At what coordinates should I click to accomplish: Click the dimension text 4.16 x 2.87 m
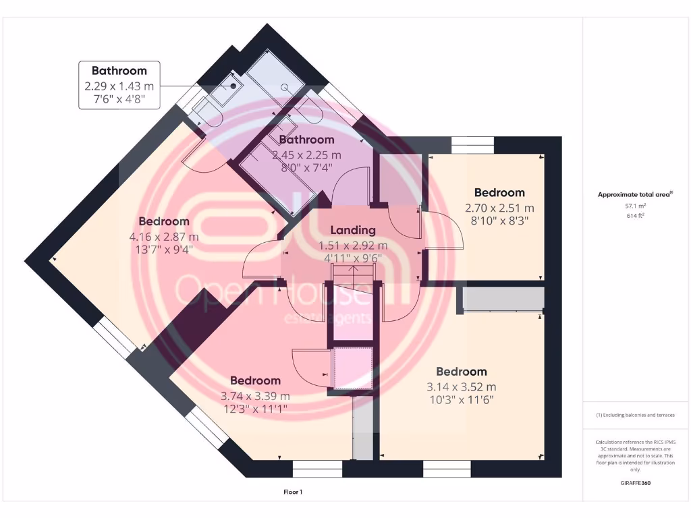click(164, 237)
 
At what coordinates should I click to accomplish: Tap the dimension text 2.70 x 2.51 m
click(499, 208)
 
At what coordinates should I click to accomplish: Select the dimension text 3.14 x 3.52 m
click(462, 387)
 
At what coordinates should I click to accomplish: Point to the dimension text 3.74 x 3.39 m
click(255, 396)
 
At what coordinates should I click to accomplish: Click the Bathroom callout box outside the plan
click(119, 85)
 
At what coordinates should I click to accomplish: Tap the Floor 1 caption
click(292, 492)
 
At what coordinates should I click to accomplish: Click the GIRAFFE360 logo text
click(634, 483)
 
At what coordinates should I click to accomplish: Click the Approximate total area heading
click(634, 195)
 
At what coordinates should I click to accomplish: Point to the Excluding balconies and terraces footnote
click(634, 415)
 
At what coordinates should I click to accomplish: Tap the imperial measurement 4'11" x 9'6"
click(353, 257)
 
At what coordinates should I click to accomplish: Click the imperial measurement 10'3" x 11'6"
click(462, 399)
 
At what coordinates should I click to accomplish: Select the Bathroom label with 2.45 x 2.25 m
click(307, 140)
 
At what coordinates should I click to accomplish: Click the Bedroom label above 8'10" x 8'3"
click(499, 192)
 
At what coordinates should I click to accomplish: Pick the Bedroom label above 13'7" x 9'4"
click(164, 221)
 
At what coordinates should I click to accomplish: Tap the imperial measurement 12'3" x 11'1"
click(255, 408)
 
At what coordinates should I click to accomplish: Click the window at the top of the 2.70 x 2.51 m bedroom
click(472, 142)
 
